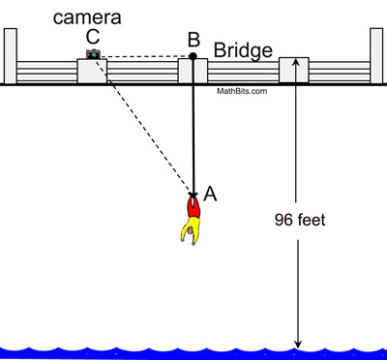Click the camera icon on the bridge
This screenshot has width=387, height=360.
(x=94, y=55)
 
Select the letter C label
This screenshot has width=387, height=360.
(x=93, y=37)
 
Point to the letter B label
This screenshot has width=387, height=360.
(x=193, y=39)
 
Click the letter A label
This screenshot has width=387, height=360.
(x=210, y=194)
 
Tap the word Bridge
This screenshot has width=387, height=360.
(x=243, y=48)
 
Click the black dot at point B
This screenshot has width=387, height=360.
(x=193, y=56)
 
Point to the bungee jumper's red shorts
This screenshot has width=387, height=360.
(x=193, y=207)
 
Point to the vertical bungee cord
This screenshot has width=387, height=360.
(x=193, y=126)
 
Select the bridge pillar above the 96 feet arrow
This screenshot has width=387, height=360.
(x=293, y=71)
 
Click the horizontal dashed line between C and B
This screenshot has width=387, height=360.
(x=145, y=56)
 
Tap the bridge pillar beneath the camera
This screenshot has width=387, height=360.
(x=92, y=73)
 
